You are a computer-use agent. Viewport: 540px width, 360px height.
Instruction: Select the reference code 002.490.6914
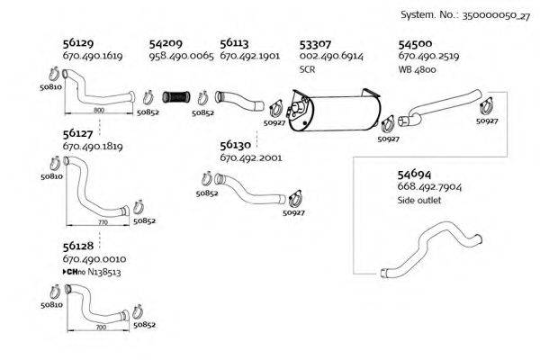pos(330,56)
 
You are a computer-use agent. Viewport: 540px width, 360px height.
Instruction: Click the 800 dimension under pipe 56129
pos(99,109)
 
